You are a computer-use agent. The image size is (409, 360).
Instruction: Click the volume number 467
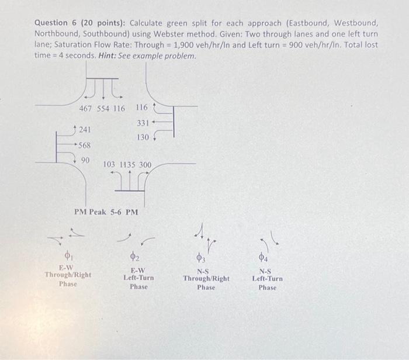(x=87, y=109)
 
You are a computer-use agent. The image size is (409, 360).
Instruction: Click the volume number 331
(x=143, y=123)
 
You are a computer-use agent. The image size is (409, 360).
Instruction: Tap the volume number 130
(x=142, y=137)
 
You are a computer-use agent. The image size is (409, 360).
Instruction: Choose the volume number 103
(x=110, y=165)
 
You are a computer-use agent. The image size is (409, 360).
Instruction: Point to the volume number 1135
(x=127, y=165)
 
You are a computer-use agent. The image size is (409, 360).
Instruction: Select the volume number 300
(x=144, y=165)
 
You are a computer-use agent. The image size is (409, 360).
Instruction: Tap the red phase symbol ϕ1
(x=68, y=256)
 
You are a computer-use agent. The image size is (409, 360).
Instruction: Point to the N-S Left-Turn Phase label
(x=267, y=279)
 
